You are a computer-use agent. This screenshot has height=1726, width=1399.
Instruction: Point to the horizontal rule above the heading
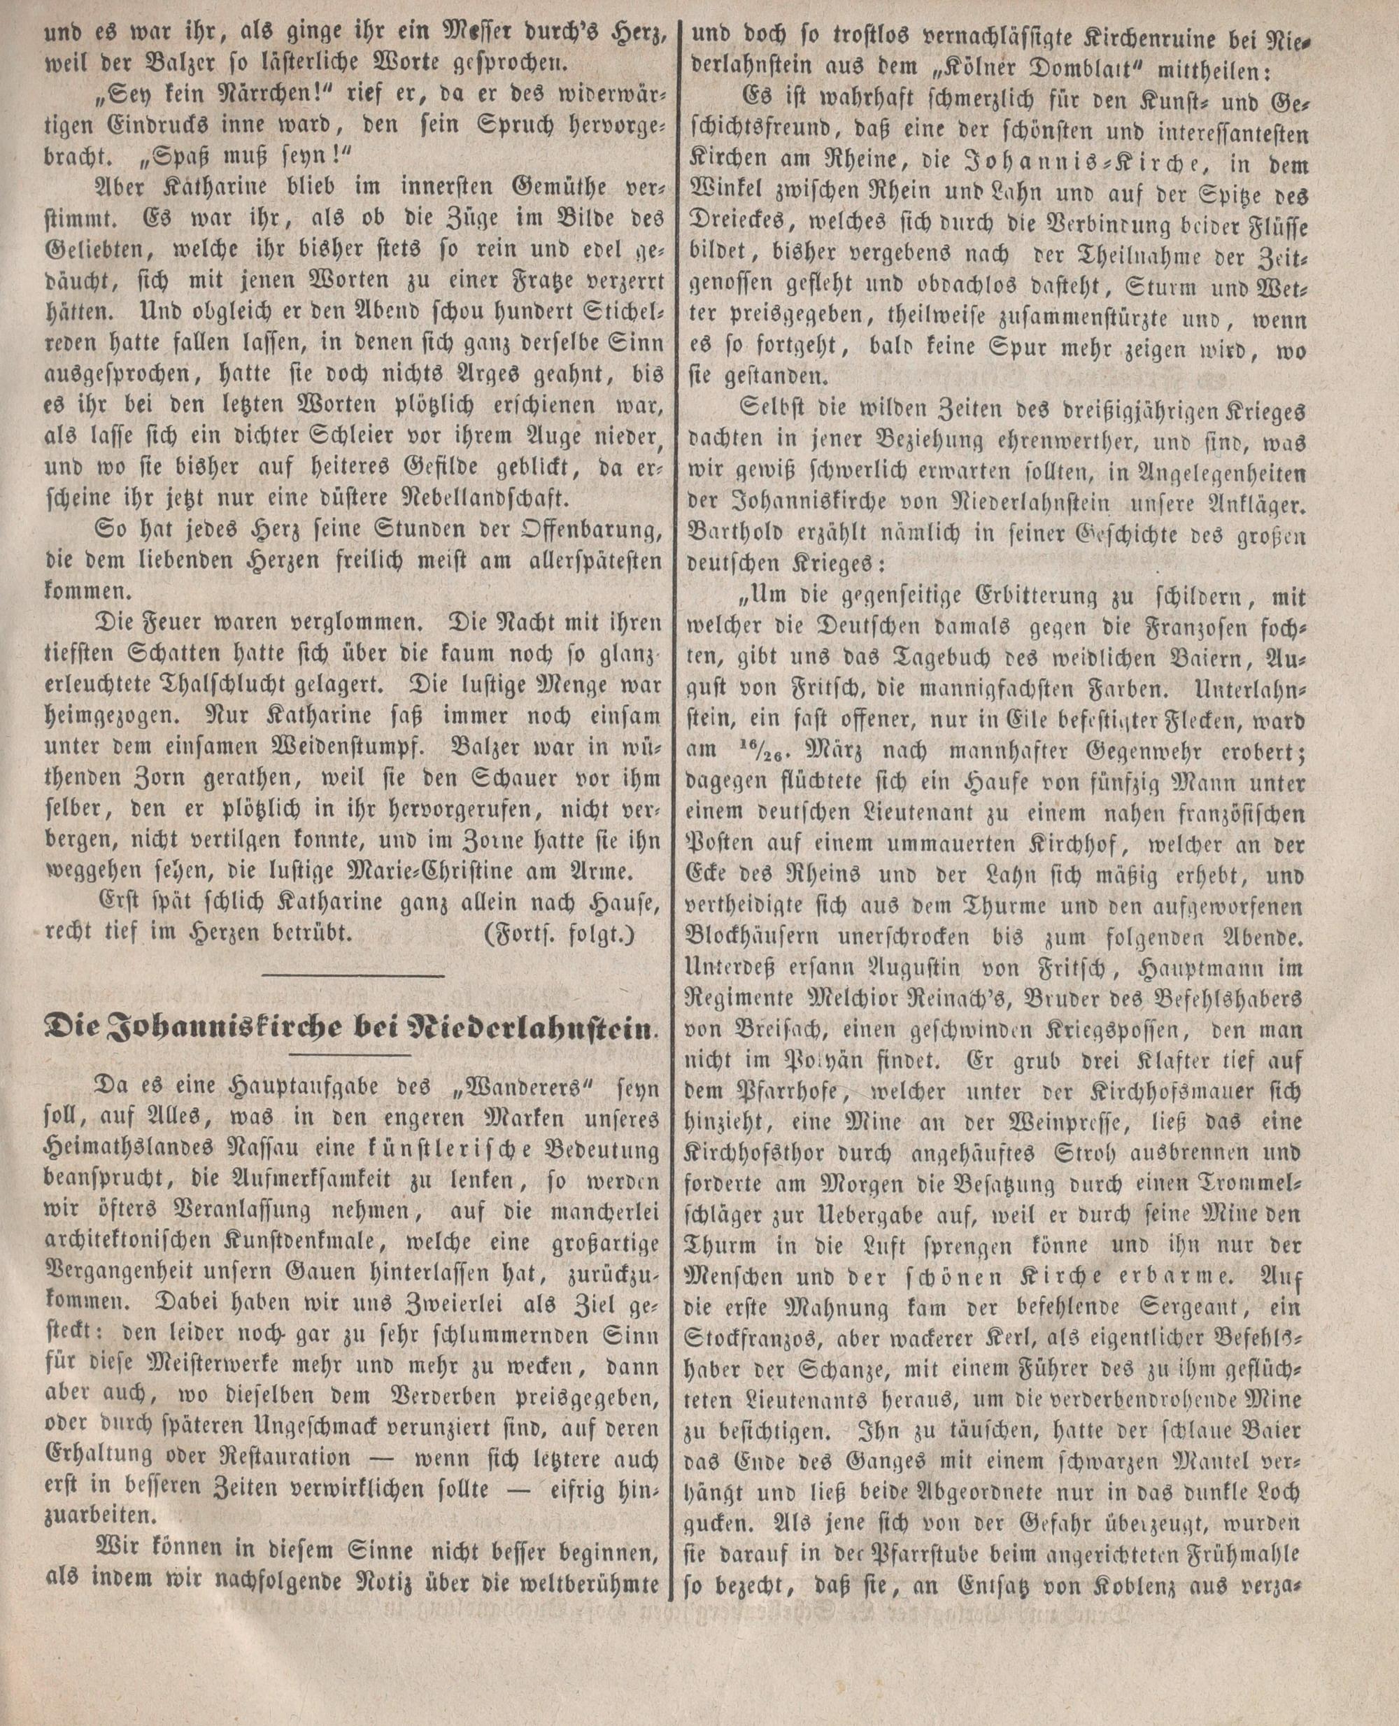(354, 977)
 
